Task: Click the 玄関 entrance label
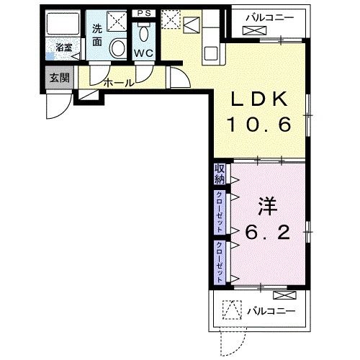tap(60, 78)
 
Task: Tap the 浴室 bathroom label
tap(64, 48)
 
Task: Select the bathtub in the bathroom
tap(63, 24)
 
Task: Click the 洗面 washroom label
tap(97, 35)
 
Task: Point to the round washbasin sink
tap(117, 48)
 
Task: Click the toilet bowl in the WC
tap(143, 34)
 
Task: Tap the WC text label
tap(143, 53)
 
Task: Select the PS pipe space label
tap(144, 14)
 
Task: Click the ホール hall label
tap(119, 83)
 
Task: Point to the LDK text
tap(259, 99)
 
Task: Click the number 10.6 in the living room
tap(260, 125)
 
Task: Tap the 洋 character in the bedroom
tap(267, 206)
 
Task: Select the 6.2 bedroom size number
tap(267, 233)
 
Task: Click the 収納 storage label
tap(220, 174)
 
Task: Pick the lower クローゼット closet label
tap(220, 262)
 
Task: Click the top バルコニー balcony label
tap(270, 18)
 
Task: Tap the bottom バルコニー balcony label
tap(271, 312)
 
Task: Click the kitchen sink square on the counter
tap(211, 54)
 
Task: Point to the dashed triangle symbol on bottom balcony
tap(232, 310)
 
